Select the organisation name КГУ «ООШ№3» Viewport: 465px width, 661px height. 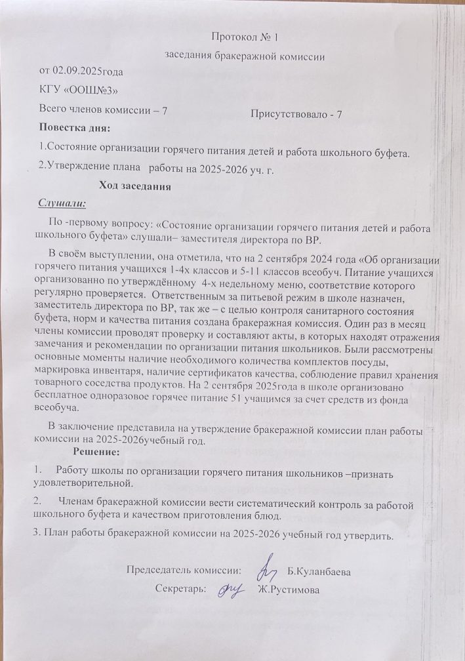click(79, 90)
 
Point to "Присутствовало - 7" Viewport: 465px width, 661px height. click(296, 115)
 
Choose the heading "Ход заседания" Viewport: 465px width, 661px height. click(134, 187)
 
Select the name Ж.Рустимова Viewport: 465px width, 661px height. click(289, 591)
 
